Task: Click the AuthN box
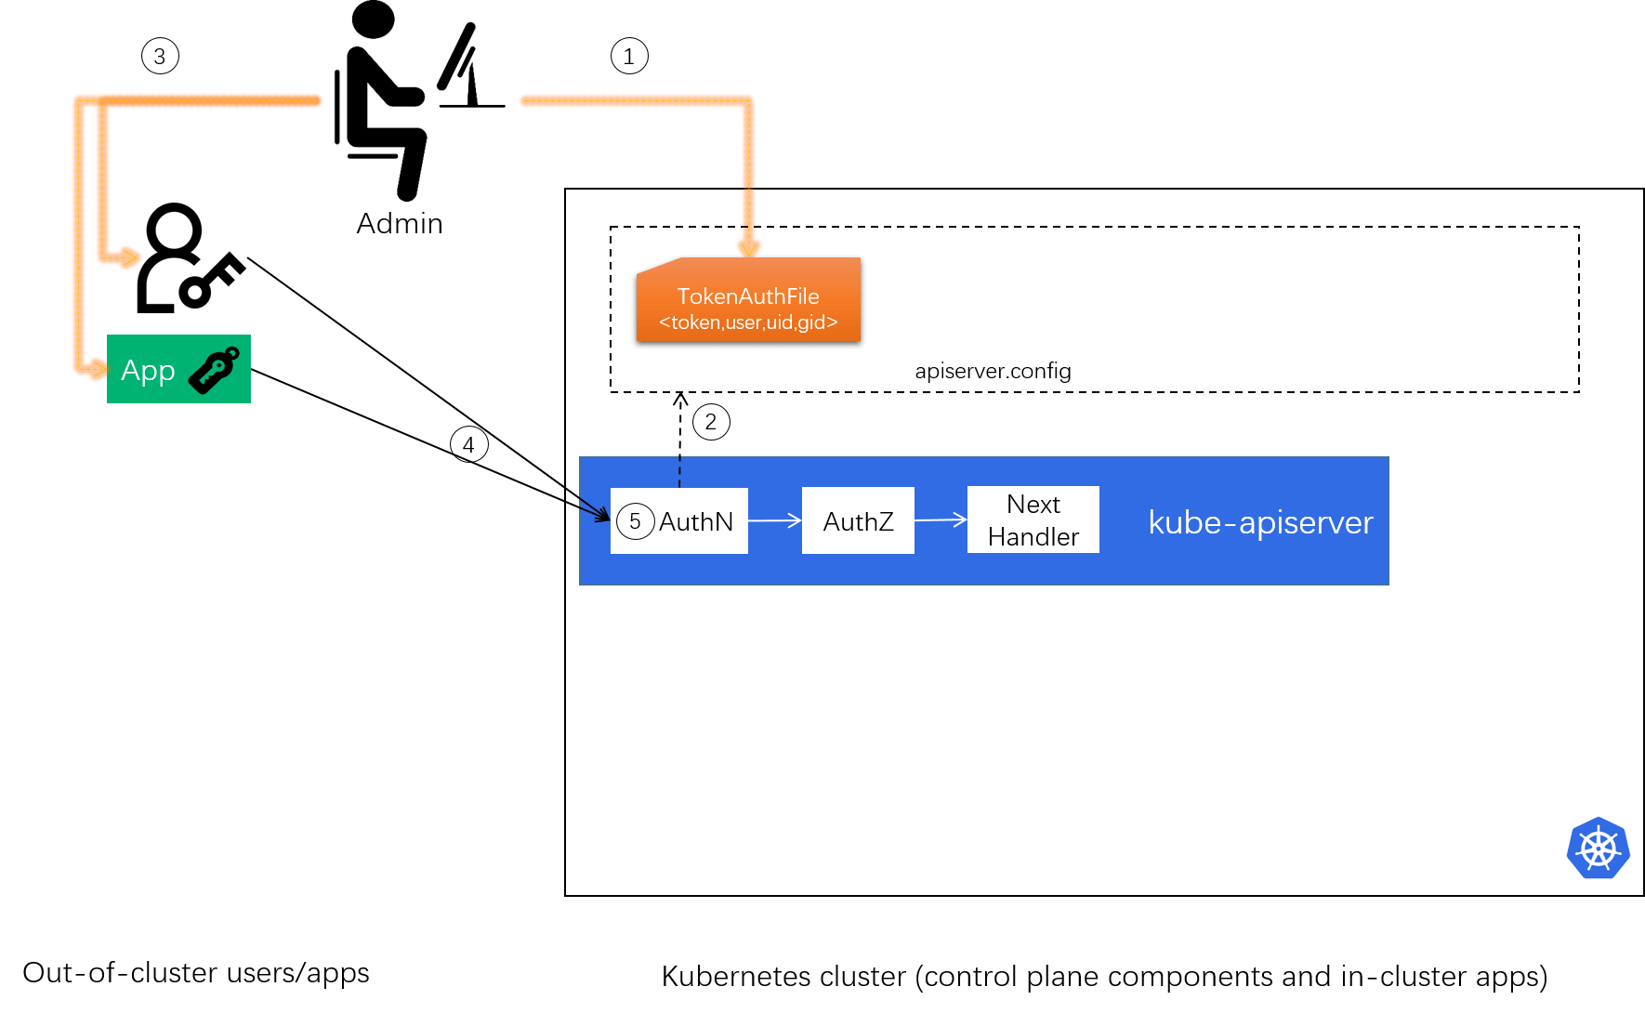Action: (695, 521)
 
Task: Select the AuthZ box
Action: (858, 521)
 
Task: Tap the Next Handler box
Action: (1033, 520)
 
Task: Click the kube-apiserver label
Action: (1260, 522)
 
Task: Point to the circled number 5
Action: (635, 521)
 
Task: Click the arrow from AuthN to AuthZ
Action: (775, 520)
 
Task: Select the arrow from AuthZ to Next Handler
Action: (941, 520)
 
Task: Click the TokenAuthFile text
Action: (748, 296)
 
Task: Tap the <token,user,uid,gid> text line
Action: (748, 322)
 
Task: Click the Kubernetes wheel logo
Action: (1598, 849)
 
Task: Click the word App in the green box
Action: (148, 371)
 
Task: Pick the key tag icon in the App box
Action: (215, 370)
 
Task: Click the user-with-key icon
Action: (191, 258)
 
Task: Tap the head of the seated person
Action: (374, 20)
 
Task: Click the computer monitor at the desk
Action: (465, 65)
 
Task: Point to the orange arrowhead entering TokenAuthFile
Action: (748, 246)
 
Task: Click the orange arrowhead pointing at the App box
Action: (96, 370)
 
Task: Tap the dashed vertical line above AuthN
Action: (679, 472)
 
